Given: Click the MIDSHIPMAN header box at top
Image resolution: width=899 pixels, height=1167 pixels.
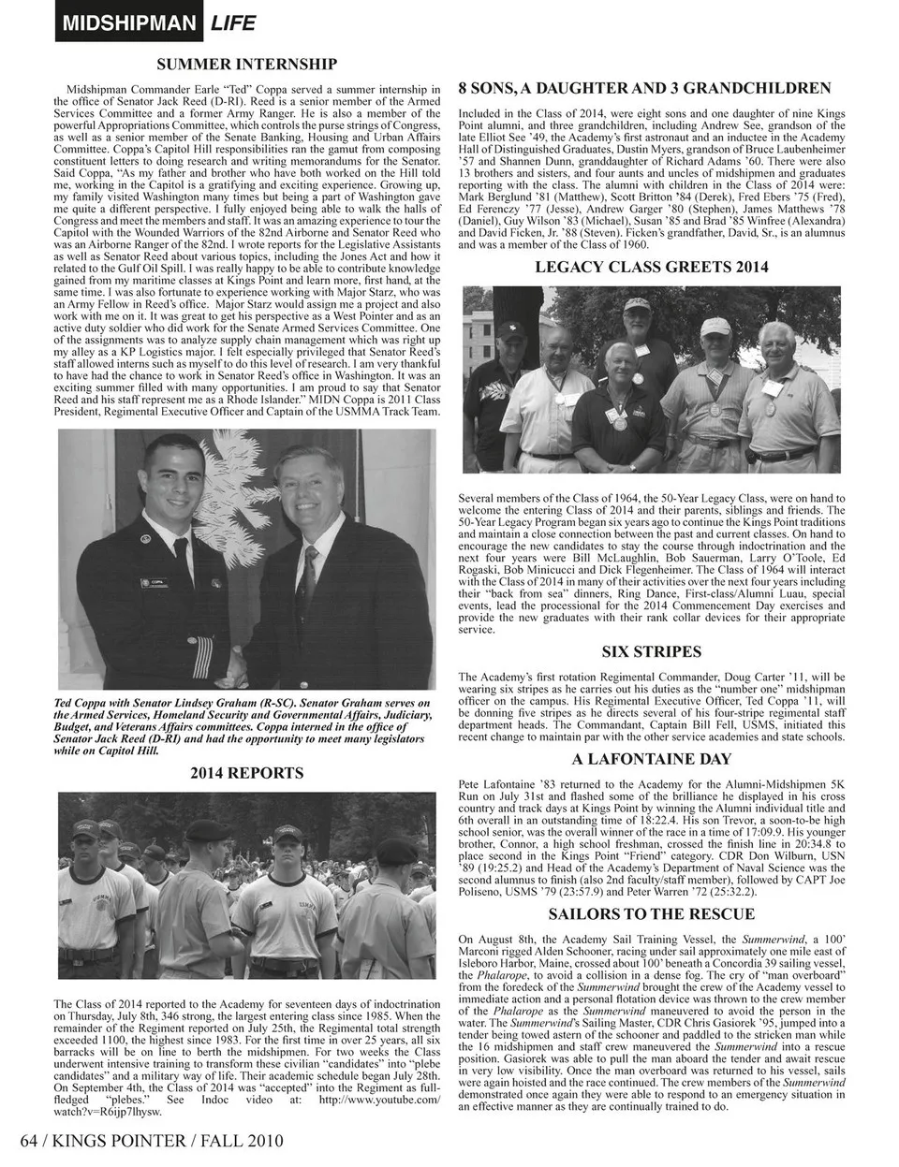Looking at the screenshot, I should point(129,22).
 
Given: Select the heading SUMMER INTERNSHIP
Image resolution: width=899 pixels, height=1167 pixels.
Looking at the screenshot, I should point(247,64).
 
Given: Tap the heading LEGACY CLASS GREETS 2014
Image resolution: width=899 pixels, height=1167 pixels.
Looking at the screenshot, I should point(652,267).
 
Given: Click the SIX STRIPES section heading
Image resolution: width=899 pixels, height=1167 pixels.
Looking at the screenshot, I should point(651,651).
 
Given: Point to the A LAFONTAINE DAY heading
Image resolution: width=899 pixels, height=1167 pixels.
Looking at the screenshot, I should point(652,759).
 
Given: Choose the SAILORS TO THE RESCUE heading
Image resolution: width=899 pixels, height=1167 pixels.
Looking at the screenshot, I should point(652,913).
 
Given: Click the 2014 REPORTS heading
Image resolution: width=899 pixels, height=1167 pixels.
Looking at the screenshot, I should point(247,773).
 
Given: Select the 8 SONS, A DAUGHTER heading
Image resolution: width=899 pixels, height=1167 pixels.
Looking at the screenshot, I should point(645,88).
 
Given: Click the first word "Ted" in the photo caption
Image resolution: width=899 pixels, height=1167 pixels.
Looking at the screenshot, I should point(66,703).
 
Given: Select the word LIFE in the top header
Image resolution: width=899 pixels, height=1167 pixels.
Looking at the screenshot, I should point(233,22).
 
